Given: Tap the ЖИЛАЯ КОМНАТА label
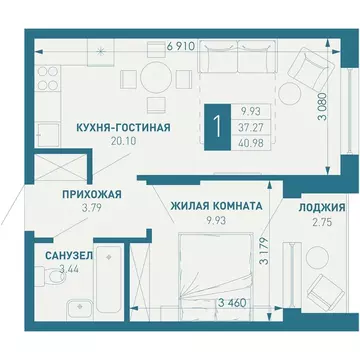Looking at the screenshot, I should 217,205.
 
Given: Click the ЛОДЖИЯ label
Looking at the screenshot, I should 321,208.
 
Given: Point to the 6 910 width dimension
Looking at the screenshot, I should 180,46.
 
